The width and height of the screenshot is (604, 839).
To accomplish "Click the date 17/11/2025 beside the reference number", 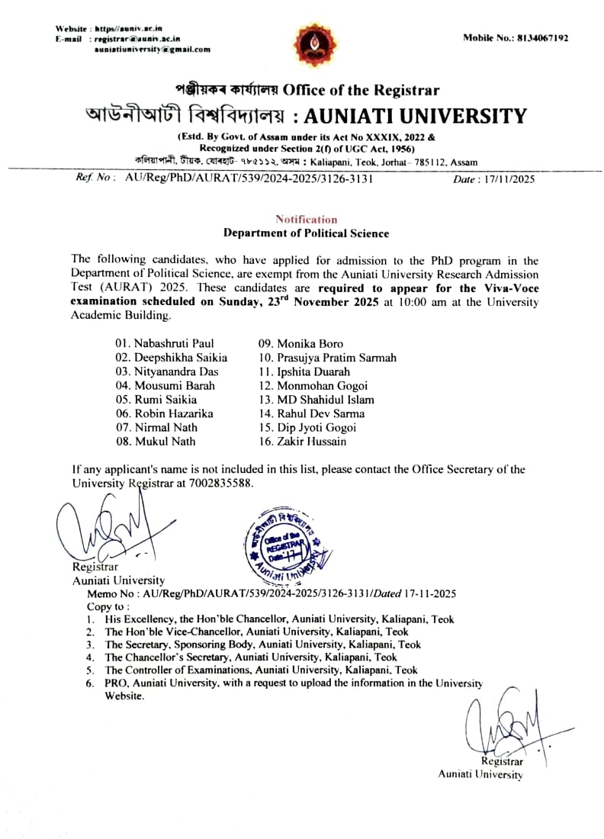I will (505, 179).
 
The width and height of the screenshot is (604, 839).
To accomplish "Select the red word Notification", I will (306, 220).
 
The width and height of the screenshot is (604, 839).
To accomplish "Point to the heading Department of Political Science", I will (306, 233).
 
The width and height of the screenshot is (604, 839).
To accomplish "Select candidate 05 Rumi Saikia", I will (156, 400).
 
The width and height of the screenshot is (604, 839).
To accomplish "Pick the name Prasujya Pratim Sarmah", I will (327, 358).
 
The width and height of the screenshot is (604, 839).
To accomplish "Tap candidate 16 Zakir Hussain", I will (302, 442).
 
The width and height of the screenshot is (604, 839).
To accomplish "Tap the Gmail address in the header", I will (152, 50).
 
